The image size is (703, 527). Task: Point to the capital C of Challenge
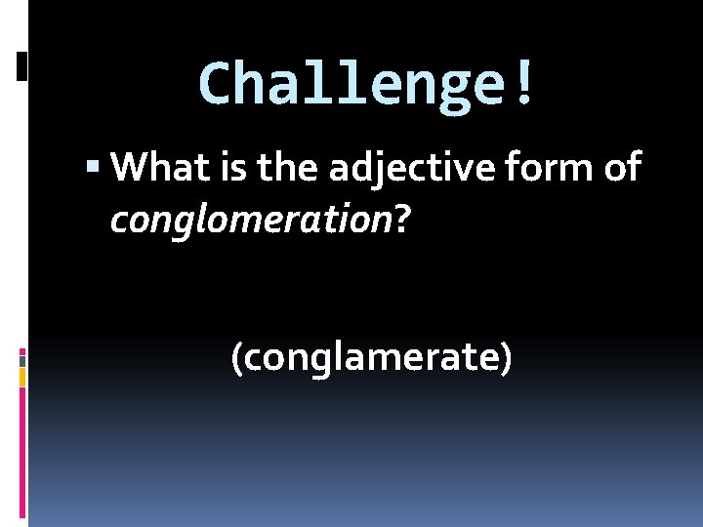tap(213, 84)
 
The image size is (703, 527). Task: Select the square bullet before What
tap(93, 169)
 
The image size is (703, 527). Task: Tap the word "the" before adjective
tap(289, 168)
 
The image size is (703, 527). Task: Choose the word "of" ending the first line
tap(621, 168)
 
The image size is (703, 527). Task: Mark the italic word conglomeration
tap(251, 223)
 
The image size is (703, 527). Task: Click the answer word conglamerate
tap(371, 358)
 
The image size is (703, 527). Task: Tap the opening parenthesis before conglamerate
tap(236, 358)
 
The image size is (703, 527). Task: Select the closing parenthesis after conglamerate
tap(505, 358)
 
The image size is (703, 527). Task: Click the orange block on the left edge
tap(22, 377)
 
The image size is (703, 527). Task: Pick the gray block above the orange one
tap(22, 360)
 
